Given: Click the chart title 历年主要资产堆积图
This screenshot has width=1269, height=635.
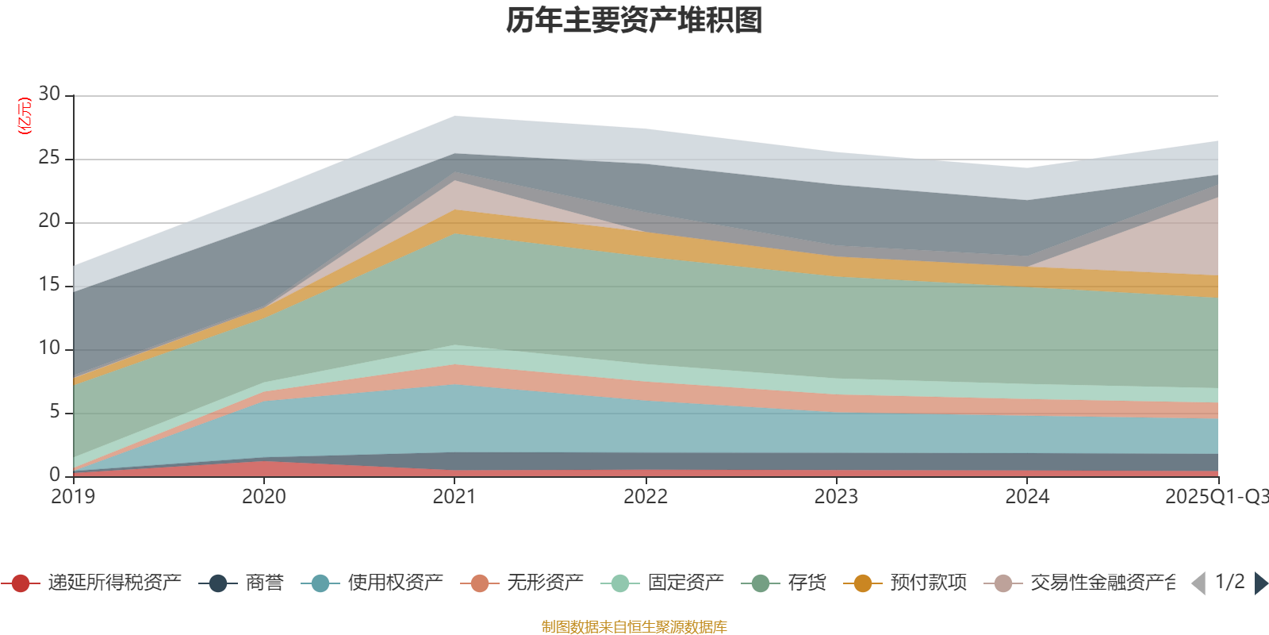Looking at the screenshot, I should pos(634,21).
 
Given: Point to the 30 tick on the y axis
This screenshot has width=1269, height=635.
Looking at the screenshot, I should pos(49,94).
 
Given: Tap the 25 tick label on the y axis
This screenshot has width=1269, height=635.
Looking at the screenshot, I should pos(49,158).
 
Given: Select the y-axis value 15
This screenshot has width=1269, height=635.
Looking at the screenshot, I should pos(49,285).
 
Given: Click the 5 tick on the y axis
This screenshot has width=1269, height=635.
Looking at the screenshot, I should pos(54,412).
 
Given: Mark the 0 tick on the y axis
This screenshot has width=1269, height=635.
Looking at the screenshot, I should pos(54,475).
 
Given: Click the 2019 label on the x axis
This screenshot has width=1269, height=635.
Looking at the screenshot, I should pos(73,497).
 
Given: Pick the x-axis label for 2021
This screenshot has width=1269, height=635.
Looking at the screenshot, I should pos(454,497).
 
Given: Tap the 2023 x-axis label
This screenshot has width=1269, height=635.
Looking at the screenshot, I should pos(836,497).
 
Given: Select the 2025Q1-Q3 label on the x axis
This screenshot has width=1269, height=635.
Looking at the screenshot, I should pos(1215,497).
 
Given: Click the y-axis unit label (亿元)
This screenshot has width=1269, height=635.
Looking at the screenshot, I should pos(25,116).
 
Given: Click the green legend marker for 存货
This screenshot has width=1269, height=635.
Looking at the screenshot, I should pos(761,584).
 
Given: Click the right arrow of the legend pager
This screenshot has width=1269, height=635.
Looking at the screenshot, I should pos(1260,583).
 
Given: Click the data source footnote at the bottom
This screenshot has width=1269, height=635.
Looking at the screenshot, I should pos(634,627).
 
